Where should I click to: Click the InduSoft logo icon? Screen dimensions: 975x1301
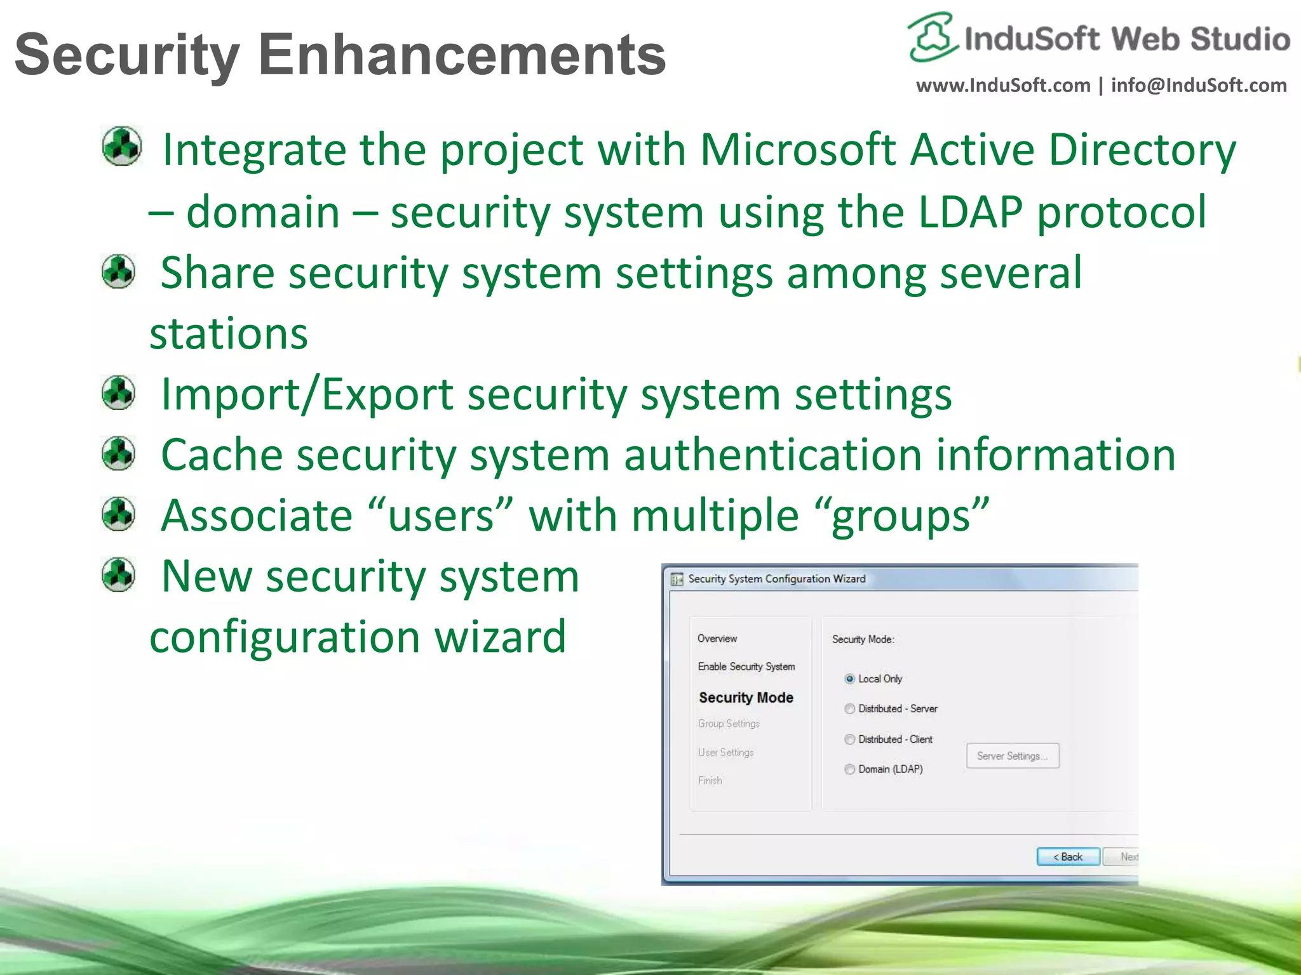pyautogui.click(x=931, y=38)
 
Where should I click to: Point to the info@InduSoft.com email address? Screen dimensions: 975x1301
pyautogui.click(x=1198, y=86)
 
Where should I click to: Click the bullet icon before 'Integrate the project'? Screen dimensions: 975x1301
pyautogui.click(x=121, y=147)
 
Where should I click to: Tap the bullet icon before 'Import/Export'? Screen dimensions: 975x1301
pyautogui.click(x=119, y=392)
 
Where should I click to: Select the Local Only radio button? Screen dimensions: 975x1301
pyautogui.click(x=849, y=679)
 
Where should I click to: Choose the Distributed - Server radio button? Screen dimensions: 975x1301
pyautogui.click(x=849, y=708)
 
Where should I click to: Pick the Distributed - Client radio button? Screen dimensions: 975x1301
pyautogui.click(x=849, y=739)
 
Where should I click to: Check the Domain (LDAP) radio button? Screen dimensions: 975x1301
pyautogui.click(x=849, y=769)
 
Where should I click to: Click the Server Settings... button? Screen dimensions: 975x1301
pyautogui.click(x=1012, y=755)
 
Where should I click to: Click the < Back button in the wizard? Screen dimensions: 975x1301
pyautogui.click(x=1068, y=856)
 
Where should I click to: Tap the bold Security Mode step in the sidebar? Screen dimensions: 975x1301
pyautogui.click(x=746, y=697)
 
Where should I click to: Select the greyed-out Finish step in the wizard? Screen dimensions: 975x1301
pyautogui.click(x=710, y=780)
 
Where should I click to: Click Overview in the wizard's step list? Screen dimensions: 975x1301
pyautogui.click(x=717, y=638)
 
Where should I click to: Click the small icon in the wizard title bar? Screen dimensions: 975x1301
pyautogui.click(x=677, y=579)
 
